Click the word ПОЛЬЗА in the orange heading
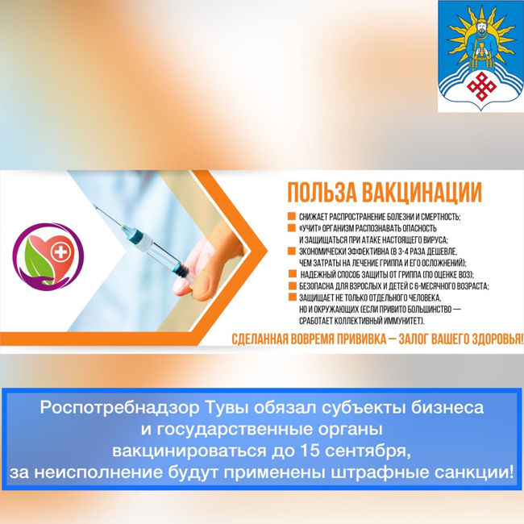[322, 193]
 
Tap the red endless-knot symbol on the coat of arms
[481, 86]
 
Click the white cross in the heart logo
[60, 252]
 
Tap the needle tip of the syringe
[94, 206]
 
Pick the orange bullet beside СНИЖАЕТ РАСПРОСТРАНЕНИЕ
[291, 216]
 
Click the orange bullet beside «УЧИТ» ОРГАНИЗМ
[291, 228]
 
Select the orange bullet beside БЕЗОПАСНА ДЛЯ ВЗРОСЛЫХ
[293, 285]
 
